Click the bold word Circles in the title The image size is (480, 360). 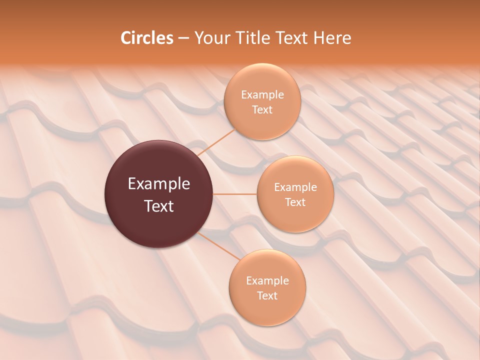tap(147, 38)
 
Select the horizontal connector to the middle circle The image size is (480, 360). tap(234, 194)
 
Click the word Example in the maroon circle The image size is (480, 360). tap(159, 184)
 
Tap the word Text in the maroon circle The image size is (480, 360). tap(159, 206)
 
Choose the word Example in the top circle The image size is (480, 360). tap(262, 94)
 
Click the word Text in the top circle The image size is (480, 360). tap(262, 109)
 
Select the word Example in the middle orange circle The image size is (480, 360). tap(295, 187)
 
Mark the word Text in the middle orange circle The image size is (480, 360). tap(295, 202)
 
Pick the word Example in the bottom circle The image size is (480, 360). tap(267, 280)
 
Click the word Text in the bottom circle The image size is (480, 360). tap(267, 295)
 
